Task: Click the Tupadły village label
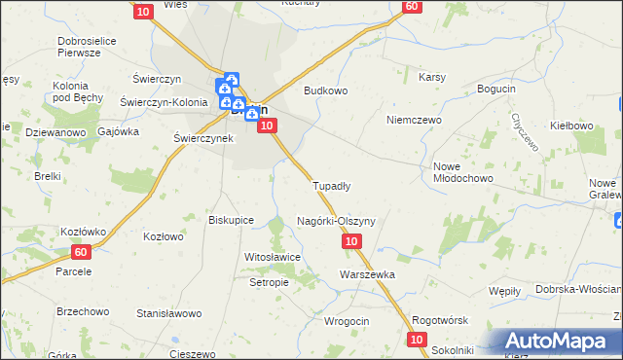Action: (x=331, y=185)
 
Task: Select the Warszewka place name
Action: (x=367, y=274)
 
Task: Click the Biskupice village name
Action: (x=232, y=220)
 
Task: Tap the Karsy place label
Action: (x=431, y=76)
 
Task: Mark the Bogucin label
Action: (x=495, y=90)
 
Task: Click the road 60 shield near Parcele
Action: (x=81, y=252)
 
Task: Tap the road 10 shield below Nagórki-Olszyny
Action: (x=352, y=240)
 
